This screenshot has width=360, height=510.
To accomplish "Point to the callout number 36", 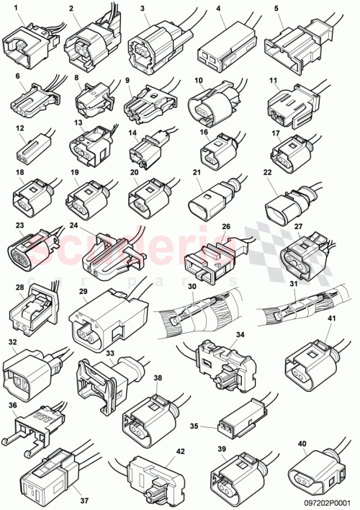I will point(13,406).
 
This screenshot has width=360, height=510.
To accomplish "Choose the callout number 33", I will point(110,354).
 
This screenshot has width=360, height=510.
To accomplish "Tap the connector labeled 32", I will point(29,371).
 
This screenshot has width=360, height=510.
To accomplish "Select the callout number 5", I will point(276,9).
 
